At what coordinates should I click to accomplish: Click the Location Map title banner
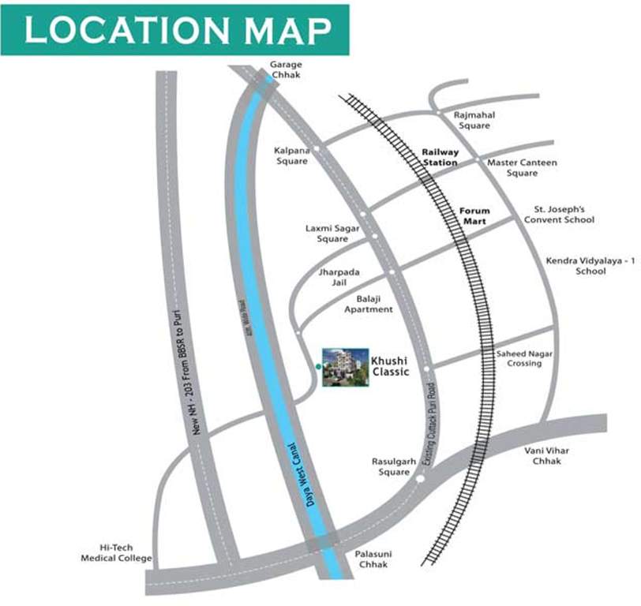point(175,30)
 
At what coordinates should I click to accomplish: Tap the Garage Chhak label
point(285,69)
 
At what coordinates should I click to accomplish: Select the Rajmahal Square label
point(474,120)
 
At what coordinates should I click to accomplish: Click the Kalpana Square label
point(291,155)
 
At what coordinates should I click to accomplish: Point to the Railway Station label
point(440,156)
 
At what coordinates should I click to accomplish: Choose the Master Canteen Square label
point(522,167)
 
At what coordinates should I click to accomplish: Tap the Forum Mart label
point(475,216)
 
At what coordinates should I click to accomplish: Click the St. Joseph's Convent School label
point(559,215)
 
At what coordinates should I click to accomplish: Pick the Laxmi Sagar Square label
point(332,233)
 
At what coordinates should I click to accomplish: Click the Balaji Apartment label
point(368,304)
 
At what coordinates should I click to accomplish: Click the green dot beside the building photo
point(317,367)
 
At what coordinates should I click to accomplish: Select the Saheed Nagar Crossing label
point(525,358)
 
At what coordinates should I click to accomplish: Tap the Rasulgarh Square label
point(391,466)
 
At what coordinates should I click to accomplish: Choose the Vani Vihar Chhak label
point(546,455)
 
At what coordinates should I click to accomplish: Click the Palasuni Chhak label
point(374,559)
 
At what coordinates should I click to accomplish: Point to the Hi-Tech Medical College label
point(115,552)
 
